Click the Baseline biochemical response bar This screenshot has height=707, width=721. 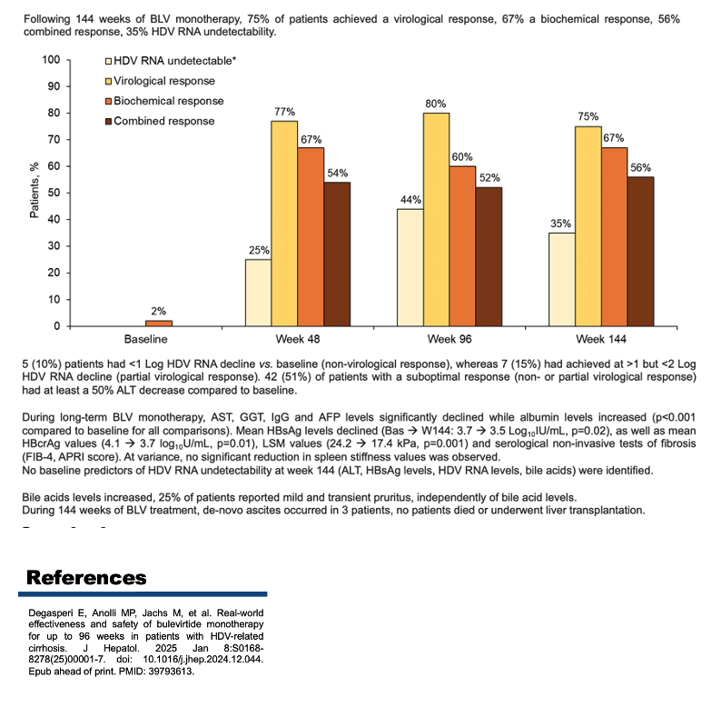(159, 324)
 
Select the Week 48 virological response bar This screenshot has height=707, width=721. (284, 224)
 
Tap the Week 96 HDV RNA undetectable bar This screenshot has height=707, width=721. (410, 267)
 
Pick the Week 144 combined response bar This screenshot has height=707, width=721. (640, 252)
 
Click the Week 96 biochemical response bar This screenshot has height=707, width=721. (462, 246)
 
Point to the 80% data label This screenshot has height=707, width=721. (436, 104)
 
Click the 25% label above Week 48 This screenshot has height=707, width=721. (260, 251)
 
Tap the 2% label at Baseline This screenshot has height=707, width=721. (159, 311)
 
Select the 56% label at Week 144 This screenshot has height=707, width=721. (640, 167)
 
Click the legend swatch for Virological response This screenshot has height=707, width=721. (109, 81)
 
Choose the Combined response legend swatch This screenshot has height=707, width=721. (109, 121)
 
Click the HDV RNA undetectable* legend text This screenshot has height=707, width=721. (174, 61)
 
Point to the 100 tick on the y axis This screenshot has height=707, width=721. (51, 59)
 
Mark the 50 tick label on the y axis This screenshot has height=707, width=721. (54, 193)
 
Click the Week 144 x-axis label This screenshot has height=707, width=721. (601, 339)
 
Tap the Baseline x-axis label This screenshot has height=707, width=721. (146, 339)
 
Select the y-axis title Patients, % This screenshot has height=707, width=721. (34, 190)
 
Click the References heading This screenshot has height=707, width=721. (86, 578)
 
